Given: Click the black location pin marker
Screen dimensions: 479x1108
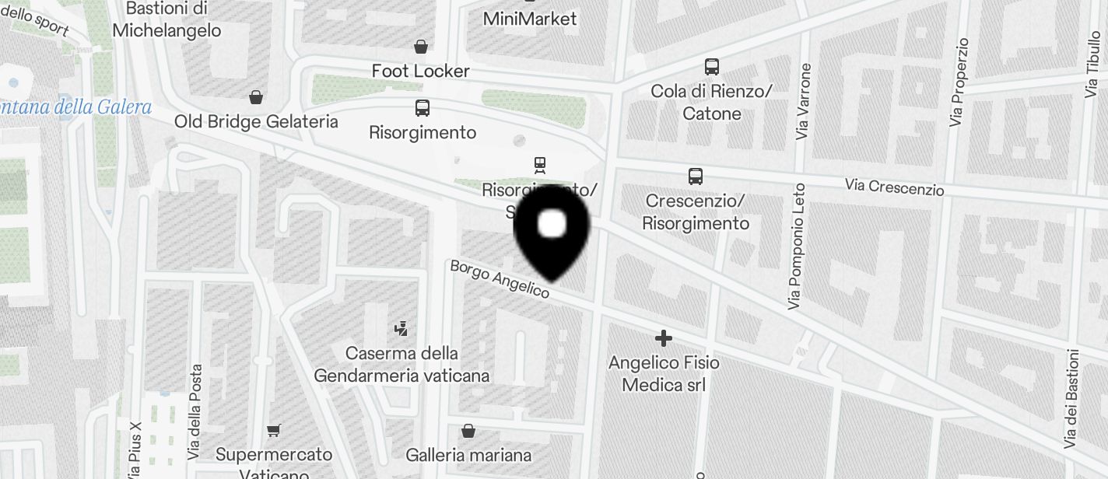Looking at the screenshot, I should click(x=552, y=230).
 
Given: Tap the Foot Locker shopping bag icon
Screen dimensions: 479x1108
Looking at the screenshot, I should click(x=421, y=47).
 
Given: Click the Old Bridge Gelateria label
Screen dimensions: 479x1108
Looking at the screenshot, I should click(x=256, y=121).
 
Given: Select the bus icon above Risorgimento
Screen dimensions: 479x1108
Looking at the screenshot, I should click(x=423, y=108).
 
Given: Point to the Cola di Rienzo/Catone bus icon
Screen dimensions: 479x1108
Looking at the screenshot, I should click(x=712, y=67).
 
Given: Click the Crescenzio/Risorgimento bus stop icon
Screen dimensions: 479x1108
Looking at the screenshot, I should click(x=696, y=177).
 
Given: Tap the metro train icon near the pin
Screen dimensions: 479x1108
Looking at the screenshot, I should click(x=539, y=165).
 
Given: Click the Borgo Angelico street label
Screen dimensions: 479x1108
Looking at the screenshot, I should click(x=500, y=278).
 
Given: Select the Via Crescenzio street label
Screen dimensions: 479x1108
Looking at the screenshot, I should click(x=895, y=187).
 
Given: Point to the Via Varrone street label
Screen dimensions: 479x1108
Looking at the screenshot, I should click(x=805, y=101).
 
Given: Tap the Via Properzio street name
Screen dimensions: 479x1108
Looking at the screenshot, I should click(x=959, y=82).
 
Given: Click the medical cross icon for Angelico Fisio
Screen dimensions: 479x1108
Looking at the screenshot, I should click(x=664, y=338).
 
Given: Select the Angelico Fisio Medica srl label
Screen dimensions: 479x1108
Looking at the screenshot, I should click(x=664, y=373).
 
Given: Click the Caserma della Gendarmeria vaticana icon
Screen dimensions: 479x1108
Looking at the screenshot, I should click(x=401, y=328).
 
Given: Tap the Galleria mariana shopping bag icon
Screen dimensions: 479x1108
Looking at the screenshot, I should click(x=468, y=430).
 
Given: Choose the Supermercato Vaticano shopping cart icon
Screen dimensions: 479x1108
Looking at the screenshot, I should click(x=273, y=430).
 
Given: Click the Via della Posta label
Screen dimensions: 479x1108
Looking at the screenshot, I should click(x=196, y=411).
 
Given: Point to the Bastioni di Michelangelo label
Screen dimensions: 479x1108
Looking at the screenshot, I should click(x=167, y=19).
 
